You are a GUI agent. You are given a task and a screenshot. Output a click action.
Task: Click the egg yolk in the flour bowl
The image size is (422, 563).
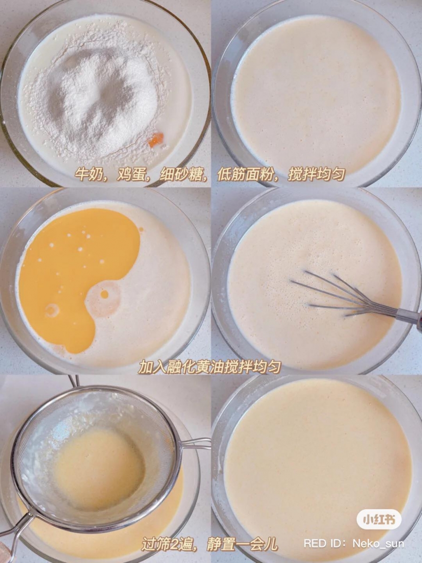157,139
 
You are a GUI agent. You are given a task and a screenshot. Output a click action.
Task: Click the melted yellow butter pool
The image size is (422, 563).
75,267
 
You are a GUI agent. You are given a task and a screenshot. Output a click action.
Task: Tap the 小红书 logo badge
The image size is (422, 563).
379,519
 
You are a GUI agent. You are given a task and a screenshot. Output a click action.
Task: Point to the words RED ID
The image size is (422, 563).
324,544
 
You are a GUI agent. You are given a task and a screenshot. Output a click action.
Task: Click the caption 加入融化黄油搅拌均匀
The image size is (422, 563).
209,366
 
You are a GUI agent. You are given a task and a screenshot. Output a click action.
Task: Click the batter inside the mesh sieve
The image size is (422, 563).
99,469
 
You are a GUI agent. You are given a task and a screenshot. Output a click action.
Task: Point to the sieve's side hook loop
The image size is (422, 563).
197,443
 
